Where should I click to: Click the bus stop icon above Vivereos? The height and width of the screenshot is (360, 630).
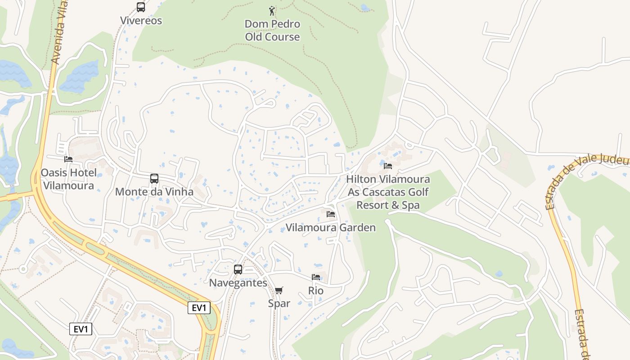[141, 7]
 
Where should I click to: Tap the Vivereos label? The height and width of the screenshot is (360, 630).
[141, 21]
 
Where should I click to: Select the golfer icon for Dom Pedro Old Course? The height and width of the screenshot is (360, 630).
[272, 10]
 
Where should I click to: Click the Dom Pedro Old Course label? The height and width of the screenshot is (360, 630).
[272, 30]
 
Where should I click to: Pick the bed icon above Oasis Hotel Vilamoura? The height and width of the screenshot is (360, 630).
[68, 159]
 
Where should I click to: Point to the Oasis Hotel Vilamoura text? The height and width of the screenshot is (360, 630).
[68, 179]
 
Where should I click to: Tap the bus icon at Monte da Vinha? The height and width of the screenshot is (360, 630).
[154, 179]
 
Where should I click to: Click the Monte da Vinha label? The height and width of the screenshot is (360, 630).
[154, 192]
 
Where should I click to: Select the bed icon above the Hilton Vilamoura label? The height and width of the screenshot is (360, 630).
[388, 166]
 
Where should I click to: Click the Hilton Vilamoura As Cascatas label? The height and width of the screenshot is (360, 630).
[388, 192]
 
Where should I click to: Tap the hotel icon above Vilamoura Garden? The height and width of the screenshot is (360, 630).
[331, 214]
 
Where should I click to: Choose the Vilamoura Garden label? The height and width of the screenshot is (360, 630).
[331, 228]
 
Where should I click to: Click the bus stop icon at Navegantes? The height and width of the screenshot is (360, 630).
[238, 270]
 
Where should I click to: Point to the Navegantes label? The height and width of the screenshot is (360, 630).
[238, 283]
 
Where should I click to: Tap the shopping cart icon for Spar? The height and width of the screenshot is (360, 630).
[279, 290]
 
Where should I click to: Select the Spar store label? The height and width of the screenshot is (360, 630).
[279, 304]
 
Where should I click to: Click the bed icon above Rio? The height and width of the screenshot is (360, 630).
[316, 277]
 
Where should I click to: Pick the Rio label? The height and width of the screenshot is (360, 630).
[316, 291]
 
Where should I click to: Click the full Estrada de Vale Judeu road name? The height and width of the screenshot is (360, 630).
[585, 180]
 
